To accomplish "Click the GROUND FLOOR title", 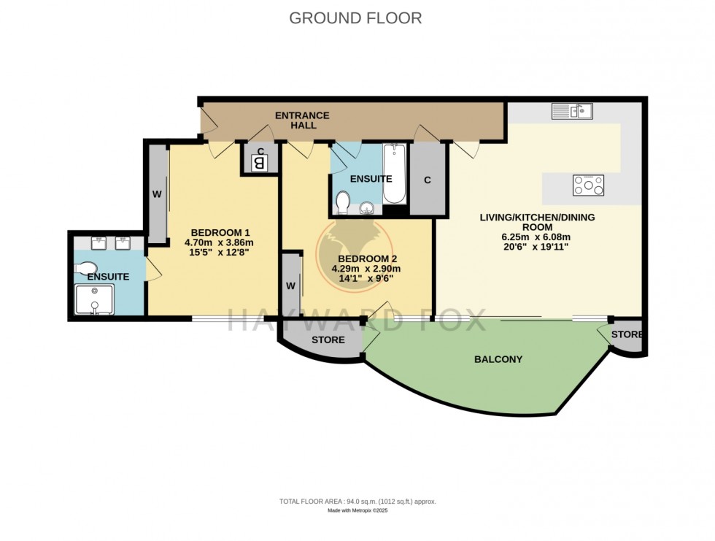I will pos(355,18).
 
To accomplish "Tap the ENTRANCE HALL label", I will pos(301,120).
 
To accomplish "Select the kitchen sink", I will pos(572,111).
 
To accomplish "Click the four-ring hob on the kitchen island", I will pos(588,185).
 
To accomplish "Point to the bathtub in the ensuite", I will pos(396,174).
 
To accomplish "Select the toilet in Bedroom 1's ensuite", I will pos(86,268).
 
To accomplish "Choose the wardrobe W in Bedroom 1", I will pos(157,194).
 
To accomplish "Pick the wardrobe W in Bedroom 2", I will pos(291,285).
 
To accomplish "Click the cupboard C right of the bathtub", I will pos(427,180).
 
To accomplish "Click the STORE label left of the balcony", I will pos(328,340).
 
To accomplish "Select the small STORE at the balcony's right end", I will pos(627,335).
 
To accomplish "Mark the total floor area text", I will pos(357,502).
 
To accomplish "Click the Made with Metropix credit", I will pos(357,511).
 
